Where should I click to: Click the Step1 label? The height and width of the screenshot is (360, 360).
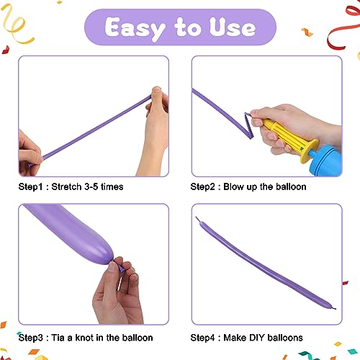pos(33,186)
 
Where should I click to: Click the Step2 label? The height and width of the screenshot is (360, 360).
pos(205,186)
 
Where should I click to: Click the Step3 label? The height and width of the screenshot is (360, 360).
pos(33,337)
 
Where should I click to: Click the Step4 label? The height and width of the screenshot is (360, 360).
pos(205,337)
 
